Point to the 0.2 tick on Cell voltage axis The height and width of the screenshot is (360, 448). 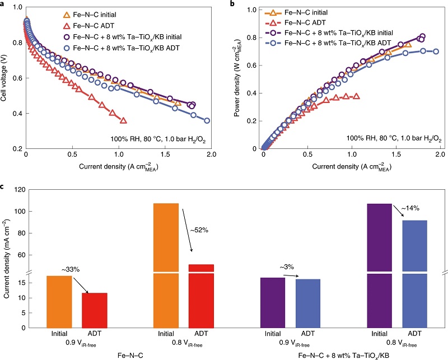click(x=19, y=149)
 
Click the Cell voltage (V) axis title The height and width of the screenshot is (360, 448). click(x=7, y=78)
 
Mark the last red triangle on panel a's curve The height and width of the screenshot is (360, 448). click(x=123, y=120)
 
